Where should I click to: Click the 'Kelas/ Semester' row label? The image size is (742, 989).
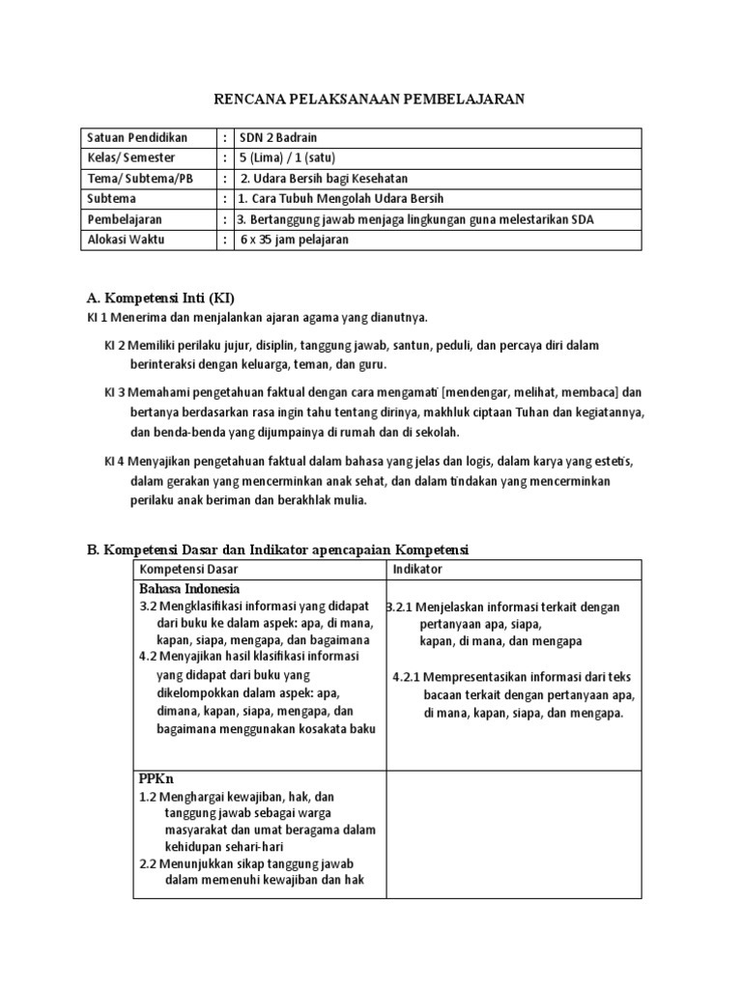(x=132, y=157)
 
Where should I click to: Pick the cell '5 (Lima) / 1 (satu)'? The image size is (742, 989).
(x=288, y=157)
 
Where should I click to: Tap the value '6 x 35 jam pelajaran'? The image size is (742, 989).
(x=294, y=240)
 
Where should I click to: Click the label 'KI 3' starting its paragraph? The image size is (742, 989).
(x=115, y=392)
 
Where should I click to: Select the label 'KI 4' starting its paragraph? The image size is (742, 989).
(x=115, y=461)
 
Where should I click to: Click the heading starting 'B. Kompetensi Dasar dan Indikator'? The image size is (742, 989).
(x=277, y=550)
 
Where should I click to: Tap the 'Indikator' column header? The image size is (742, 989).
(x=417, y=570)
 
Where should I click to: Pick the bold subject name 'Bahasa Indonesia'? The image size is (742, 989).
(x=189, y=588)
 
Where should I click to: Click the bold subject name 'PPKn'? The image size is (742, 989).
(x=156, y=777)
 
